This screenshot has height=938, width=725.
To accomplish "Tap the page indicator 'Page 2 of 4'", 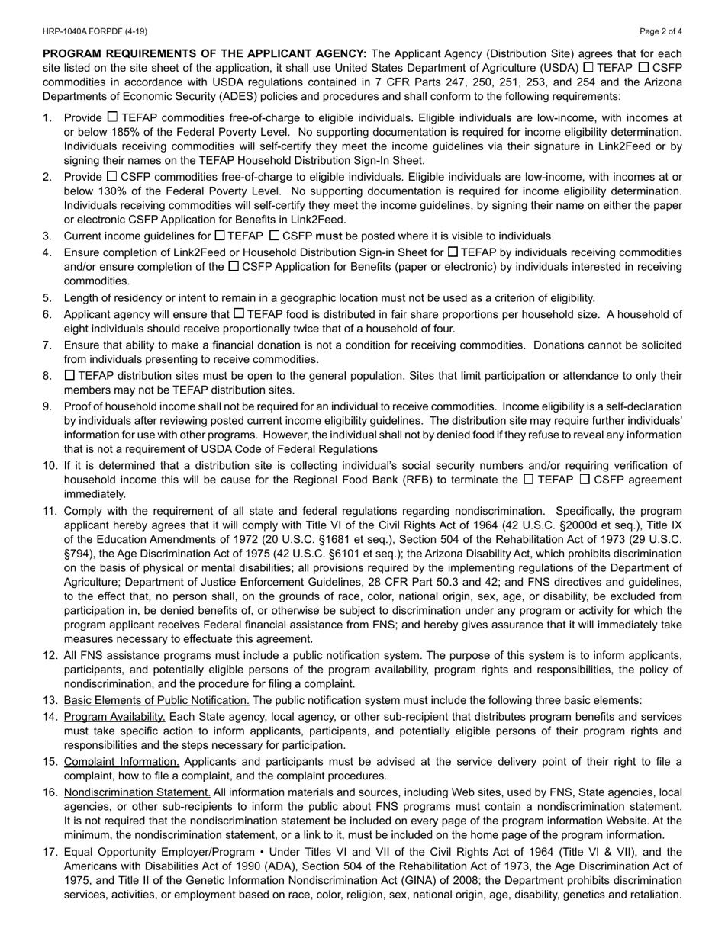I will pos(661,31).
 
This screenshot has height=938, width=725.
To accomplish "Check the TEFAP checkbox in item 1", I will pos(112,117).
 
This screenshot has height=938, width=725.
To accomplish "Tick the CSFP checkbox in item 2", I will pos(112,176).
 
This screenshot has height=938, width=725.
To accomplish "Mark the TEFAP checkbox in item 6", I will pos(239,313).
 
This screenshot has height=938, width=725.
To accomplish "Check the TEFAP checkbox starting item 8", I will pos(69,375).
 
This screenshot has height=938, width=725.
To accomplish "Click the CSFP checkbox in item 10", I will pos(585,480).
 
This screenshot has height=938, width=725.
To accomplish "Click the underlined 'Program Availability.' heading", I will pos(114,717).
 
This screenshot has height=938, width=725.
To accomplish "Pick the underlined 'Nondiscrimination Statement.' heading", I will pos(137,792).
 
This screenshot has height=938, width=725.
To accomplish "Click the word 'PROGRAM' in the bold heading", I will pos(76,54).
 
